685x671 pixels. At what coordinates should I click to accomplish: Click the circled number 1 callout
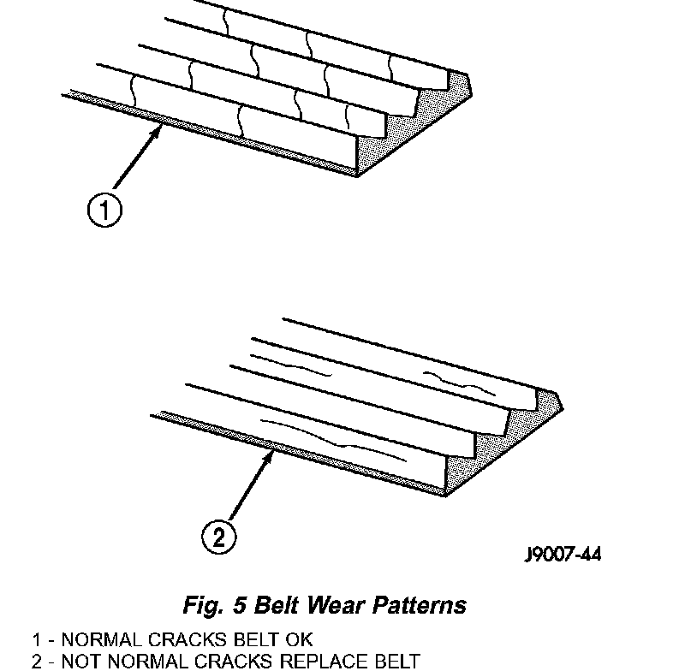[104, 211]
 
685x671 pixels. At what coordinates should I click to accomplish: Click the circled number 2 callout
[217, 537]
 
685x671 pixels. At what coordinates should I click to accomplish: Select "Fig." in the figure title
[204, 605]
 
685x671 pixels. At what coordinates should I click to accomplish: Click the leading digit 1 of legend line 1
[37, 639]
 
